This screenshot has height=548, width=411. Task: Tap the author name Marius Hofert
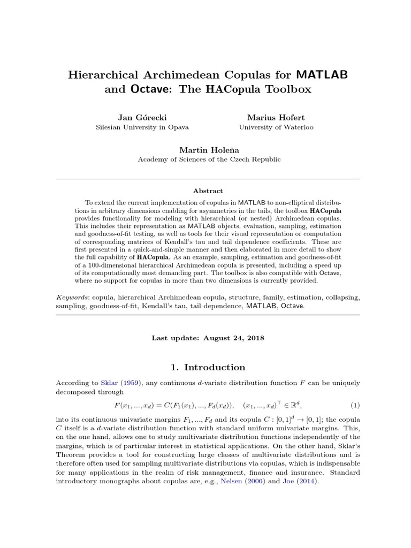[276, 117]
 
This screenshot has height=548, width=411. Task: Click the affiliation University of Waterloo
[276, 127]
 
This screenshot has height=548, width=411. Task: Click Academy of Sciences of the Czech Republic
[209, 159]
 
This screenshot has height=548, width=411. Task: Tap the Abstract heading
[208, 191]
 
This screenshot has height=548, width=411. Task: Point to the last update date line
[208, 338]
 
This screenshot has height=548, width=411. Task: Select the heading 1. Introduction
[208, 367]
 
